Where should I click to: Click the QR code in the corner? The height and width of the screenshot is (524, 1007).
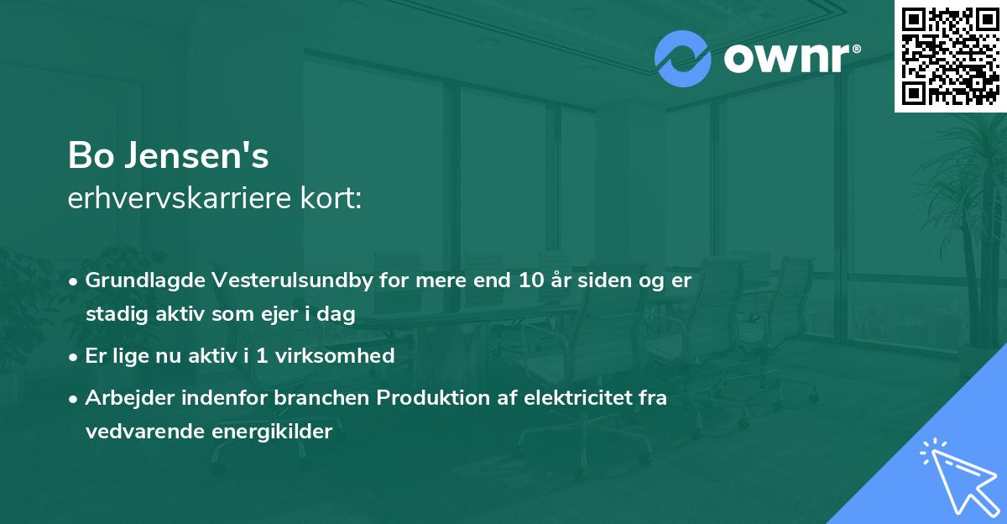point(951,56)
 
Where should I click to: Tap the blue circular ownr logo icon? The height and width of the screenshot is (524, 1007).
point(682,59)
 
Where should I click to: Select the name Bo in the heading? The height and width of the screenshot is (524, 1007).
point(88,157)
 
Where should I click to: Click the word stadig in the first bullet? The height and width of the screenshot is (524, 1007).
point(112,315)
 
